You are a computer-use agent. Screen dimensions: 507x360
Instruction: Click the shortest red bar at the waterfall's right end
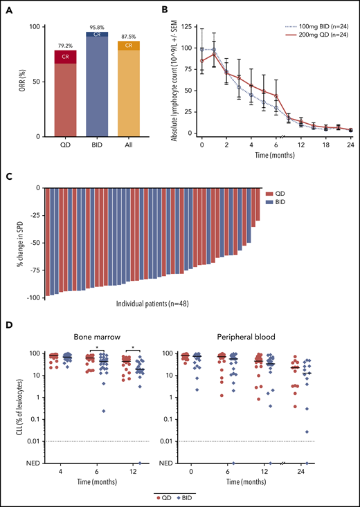pos(258,204)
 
